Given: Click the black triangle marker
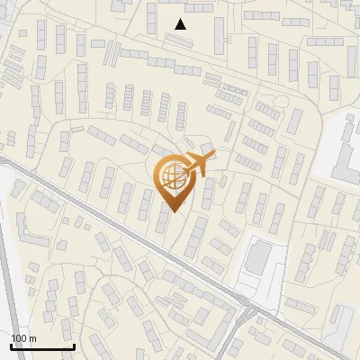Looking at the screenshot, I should (x=181, y=24).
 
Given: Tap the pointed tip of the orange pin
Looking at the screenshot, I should (x=170, y=211).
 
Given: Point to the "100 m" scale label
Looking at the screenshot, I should (x=23, y=338).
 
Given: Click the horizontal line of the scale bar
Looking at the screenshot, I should (x=42, y=346).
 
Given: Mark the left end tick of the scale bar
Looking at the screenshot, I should (x=11, y=345).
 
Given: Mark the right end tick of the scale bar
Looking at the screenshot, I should (x=74, y=345).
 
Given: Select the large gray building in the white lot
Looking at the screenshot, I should (x=259, y=256).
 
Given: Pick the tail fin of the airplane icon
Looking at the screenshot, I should (x=184, y=168).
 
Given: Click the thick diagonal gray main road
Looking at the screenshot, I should (x=135, y=238).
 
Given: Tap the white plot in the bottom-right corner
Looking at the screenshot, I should (x=342, y=319).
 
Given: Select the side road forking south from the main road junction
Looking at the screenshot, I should (x=236, y=337).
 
